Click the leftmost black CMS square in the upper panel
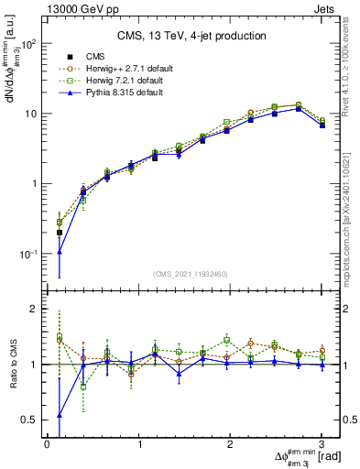pos(60,233)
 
